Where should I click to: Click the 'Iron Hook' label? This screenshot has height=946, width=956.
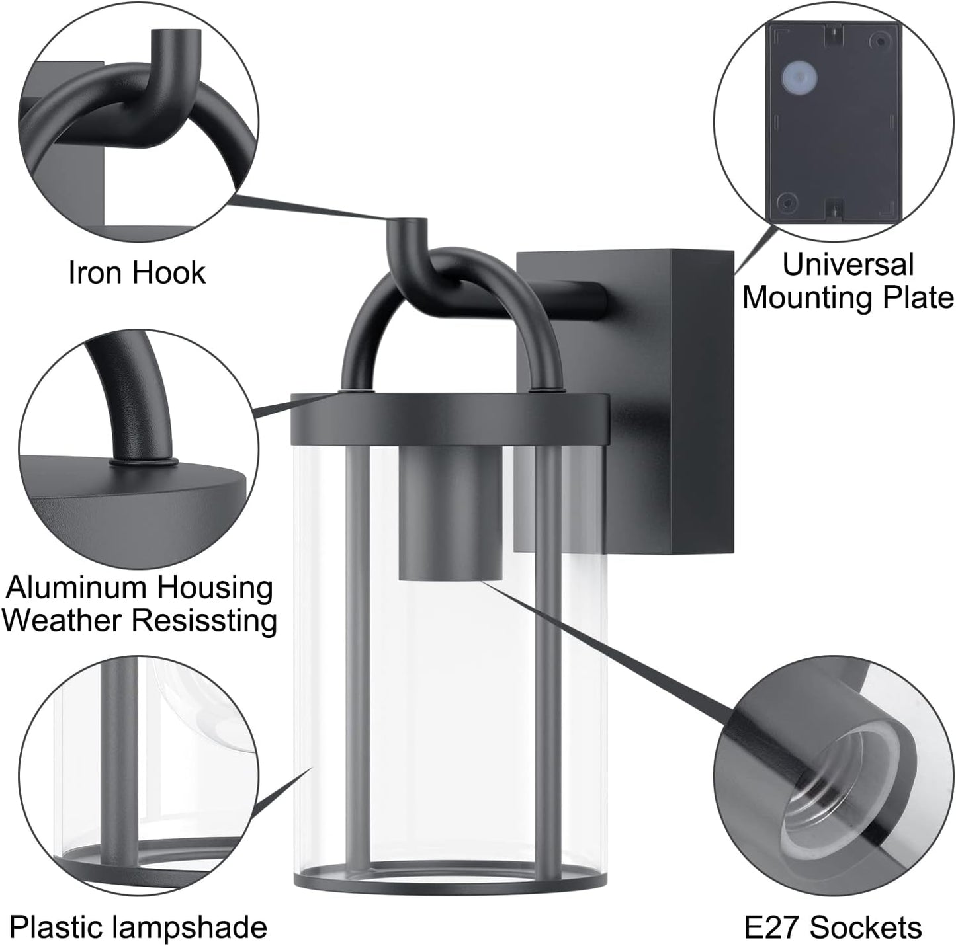(x=136, y=272)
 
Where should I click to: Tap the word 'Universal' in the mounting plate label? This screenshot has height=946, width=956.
(x=848, y=264)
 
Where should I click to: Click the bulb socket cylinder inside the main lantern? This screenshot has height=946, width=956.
(x=451, y=512)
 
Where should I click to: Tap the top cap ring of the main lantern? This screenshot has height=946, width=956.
(x=449, y=418)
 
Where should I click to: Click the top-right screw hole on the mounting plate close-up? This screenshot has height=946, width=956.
(x=880, y=39)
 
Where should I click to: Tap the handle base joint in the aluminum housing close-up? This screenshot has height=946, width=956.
(x=144, y=462)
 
